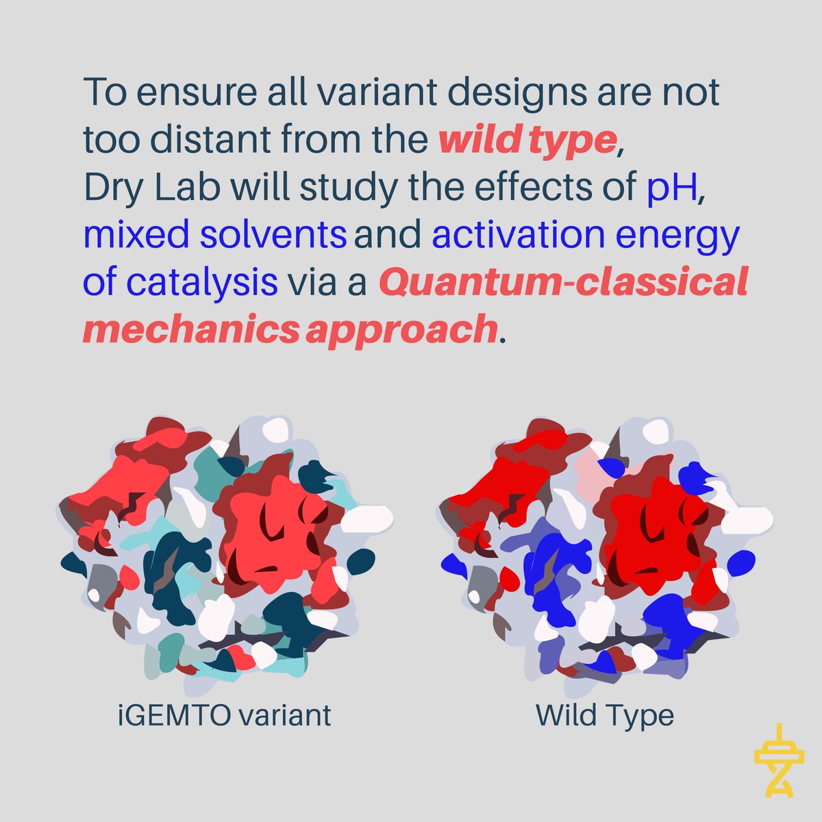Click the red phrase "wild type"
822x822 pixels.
[x=527, y=140]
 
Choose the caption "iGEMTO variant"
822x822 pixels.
[x=223, y=716]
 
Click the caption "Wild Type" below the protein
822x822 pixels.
[x=605, y=716]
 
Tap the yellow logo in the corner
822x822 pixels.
[x=777, y=761]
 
